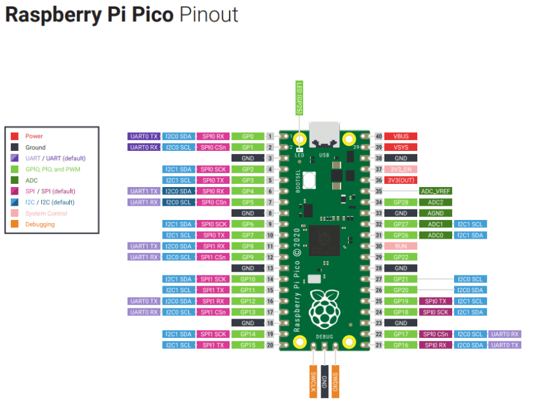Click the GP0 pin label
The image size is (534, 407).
click(x=248, y=136)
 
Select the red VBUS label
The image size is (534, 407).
click(x=400, y=136)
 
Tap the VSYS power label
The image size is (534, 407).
click(x=400, y=147)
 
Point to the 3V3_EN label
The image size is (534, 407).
click(x=400, y=169)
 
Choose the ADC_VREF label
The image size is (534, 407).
click(x=435, y=191)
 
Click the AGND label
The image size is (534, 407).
click(x=435, y=213)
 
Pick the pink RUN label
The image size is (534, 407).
click(x=400, y=246)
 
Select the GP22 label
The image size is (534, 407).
click(x=400, y=257)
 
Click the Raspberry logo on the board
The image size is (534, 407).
click(x=324, y=308)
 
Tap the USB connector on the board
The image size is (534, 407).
click(x=324, y=133)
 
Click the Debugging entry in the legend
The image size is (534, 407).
click(x=40, y=224)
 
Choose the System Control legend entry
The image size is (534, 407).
click(x=46, y=213)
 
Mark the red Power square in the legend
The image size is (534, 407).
click(x=15, y=136)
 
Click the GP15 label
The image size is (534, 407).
click(x=248, y=345)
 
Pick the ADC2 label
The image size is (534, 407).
click(x=435, y=202)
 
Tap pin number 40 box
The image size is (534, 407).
click(x=379, y=136)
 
